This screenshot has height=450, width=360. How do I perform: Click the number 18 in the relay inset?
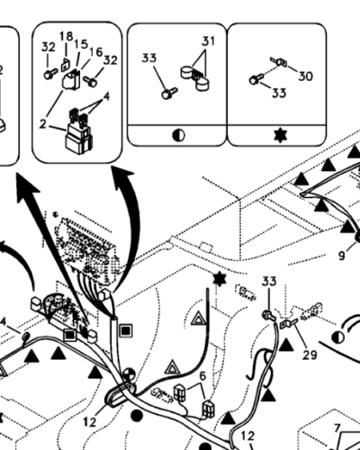pyautogui.click(x=67, y=37)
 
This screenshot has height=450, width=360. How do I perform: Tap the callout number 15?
pyautogui.click(x=81, y=44)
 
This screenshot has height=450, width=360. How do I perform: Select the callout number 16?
pyautogui.click(x=96, y=52)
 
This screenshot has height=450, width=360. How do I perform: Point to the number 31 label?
pyautogui.click(x=209, y=40)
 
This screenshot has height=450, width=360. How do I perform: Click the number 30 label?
pyautogui.click(x=305, y=76)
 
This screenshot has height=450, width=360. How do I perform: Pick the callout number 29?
pyautogui.click(x=310, y=355)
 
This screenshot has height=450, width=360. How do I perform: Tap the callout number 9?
pyautogui.click(x=342, y=256)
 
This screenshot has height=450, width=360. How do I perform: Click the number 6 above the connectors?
pyautogui.click(x=203, y=376)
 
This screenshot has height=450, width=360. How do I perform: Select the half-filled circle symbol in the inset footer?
pyautogui.click(x=179, y=136)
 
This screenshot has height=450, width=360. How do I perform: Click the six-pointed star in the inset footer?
pyautogui.click(x=281, y=135)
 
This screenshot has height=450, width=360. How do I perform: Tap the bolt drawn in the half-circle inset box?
pyautogui.click(x=169, y=93)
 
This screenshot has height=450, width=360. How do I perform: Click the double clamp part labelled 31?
pyautogui.click(x=196, y=77)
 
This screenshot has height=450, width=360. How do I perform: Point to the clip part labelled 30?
pyautogui.click(x=279, y=62)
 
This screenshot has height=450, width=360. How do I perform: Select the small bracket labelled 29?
pyautogui.click(x=287, y=323)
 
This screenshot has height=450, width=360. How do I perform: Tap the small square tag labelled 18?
pyautogui.click(x=66, y=65)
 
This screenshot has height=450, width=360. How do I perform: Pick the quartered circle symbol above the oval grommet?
pyautogui.click(x=129, y=375)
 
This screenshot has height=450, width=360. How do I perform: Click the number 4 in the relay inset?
pyautogui.click(x=106, y=97)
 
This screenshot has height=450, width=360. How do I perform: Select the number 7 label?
pyautogui.click(x=337, y=428)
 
